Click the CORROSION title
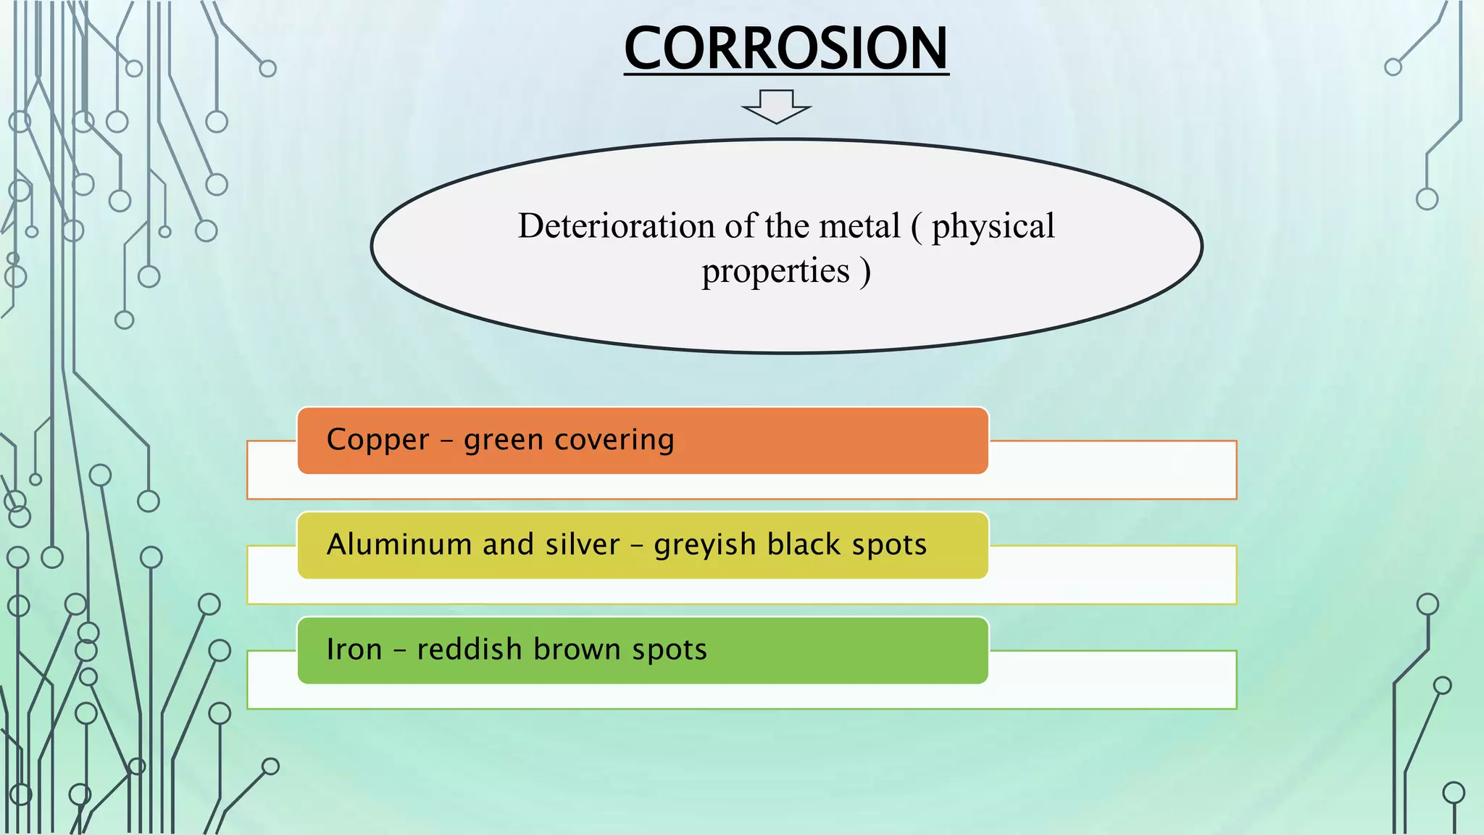click(x=786, y=48)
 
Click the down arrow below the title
click(x=776, y=107)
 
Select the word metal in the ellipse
click(x=859, y=226)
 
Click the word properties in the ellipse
click(x=775, y=273)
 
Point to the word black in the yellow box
click(x=803, y=544)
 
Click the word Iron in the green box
click(x=354, y=649)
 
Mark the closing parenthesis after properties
click(x=865, y=273)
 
